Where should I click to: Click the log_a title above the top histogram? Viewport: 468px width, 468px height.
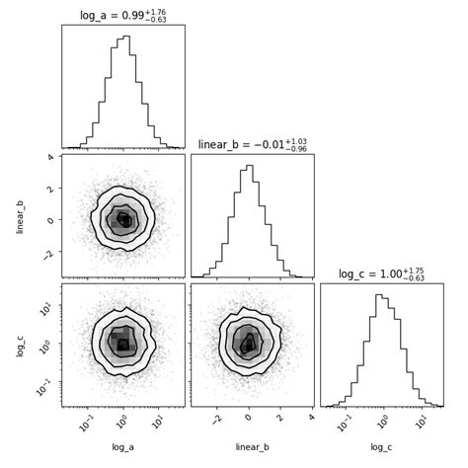click(122, 14)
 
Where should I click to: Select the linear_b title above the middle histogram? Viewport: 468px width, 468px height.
click(252, 144)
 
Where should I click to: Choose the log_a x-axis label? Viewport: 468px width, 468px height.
click(121, 447)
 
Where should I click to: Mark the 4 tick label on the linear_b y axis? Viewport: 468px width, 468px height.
click(49, 157)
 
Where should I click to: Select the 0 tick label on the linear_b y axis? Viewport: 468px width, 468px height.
click(49, 219)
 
